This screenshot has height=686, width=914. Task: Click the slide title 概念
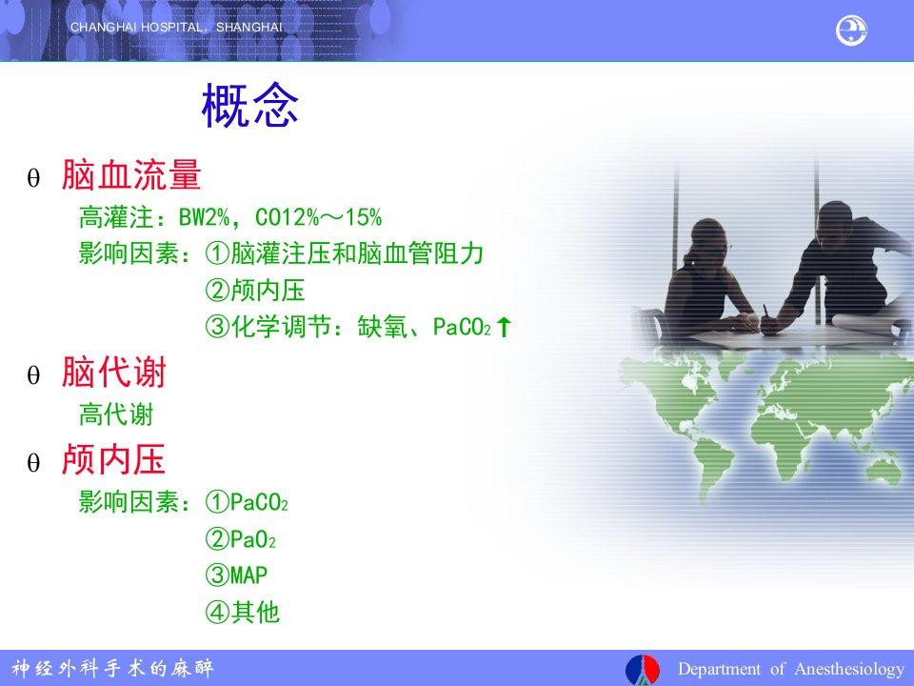pyautogui.click(x=250, y=105)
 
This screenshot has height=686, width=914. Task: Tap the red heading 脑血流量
pyautogui.click(x=131, y=174)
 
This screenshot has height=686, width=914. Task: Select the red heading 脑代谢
pyautogui.click(x=114, y=373)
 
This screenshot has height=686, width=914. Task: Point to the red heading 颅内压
pyautogui.click(x=113, y=459)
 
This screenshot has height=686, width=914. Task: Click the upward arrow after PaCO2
pyautogui.click(x=504, y=327)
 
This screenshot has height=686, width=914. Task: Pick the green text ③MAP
pyautogui.click(x=236, y=575)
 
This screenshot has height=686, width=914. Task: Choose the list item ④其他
pyautogui.click(x=243, y=612)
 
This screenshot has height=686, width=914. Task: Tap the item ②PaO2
pyautogui.click(x=240, y=539)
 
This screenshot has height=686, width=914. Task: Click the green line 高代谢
pyautogui.click(x=116, y=414)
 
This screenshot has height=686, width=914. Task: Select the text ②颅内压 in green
pyautogui.click(x=255, y=290)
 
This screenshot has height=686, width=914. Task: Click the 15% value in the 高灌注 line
pyautogui.click(x=363, y=217)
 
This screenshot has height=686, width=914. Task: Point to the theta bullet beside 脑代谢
pyautogui.click(x=34, y=375)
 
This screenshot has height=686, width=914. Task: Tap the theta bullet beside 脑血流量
pyautogui.click(x=34, y=177)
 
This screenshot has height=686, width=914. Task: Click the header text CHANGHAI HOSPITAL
pyautogui.click(x=137, y=28)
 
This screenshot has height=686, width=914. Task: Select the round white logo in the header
pyautogui.click(x=851, y=30)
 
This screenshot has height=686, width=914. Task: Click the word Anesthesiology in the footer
pyautogui.click(x=849, y=669)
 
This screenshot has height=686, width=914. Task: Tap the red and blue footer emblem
pyautogui.click(x=643, y=670)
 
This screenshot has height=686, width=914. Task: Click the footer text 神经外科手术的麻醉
pyautogui.click(x=113, y=668)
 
